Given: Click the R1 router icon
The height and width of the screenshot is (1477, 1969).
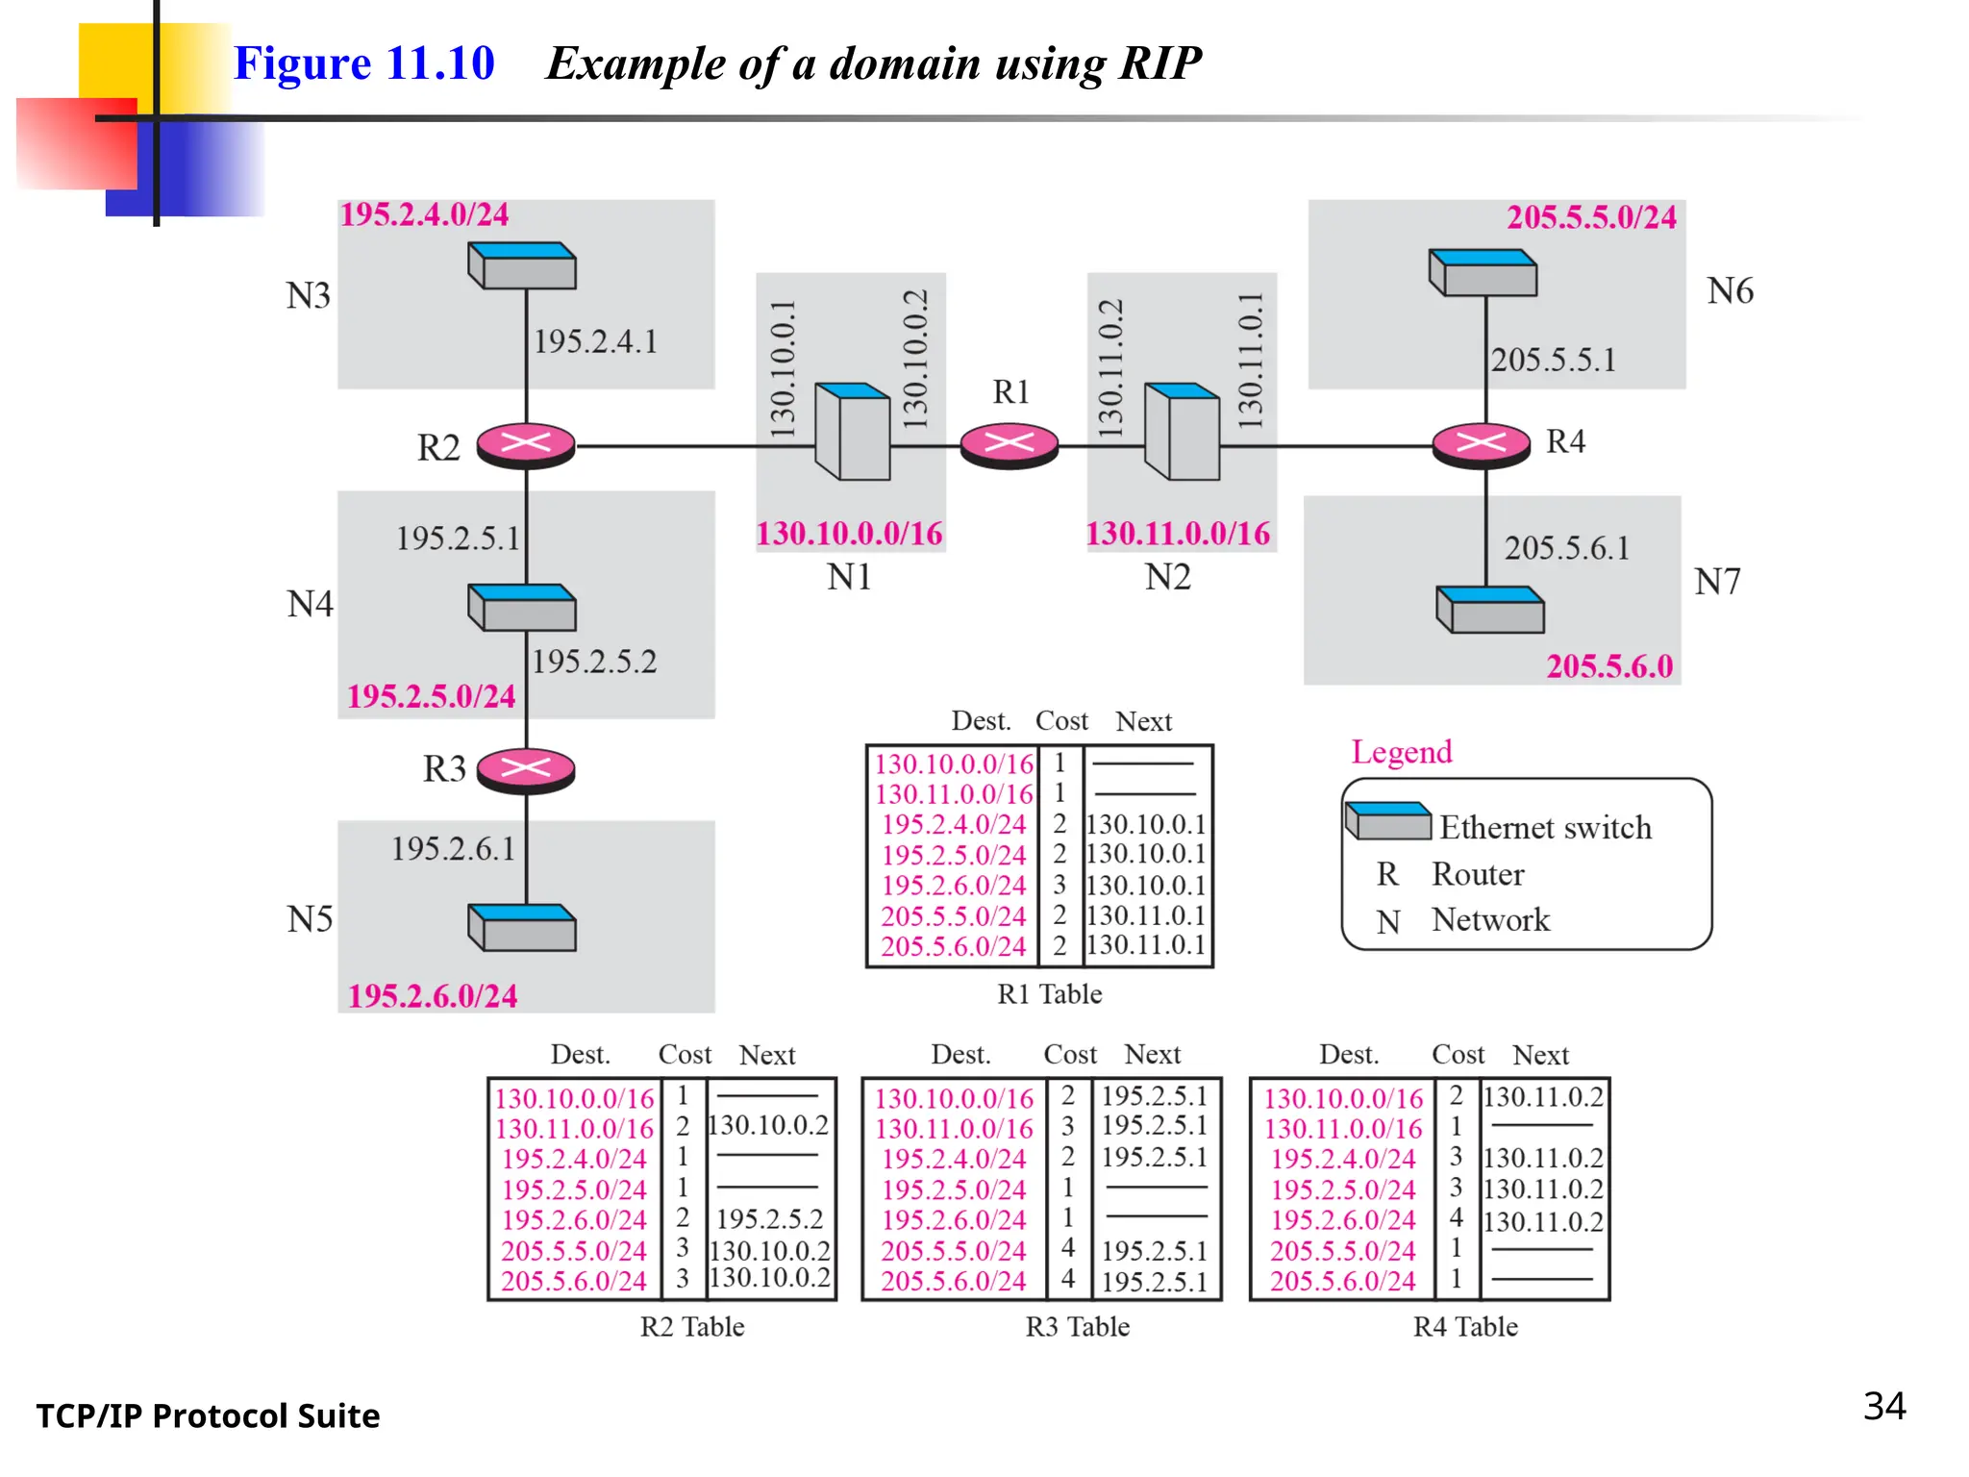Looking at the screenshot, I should coord(1009,446).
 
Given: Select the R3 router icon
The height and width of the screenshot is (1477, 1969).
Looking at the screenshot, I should coord(526,770).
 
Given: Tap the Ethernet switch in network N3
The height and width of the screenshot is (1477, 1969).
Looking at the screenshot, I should coord(522,265).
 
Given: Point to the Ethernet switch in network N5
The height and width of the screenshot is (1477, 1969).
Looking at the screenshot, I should coord(522,928).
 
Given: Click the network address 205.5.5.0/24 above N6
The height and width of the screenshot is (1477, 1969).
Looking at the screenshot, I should coord(1591,217).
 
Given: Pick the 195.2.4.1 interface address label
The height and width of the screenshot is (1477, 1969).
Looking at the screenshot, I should coord(595,341).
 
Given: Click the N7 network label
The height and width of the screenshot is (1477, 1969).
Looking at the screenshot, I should coord(1717,582).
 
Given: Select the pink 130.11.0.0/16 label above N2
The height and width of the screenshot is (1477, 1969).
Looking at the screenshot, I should coord(1178,534).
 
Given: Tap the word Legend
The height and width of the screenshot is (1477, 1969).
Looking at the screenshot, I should coord(1401,752).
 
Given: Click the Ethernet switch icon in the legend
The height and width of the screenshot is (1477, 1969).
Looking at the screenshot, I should coord(1388,821).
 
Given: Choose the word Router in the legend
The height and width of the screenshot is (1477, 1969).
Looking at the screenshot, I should coord(1478,874).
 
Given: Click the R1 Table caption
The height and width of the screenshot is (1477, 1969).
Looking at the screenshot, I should coord(1049,993).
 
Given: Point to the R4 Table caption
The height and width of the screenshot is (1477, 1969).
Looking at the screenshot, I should coord(1465,1327).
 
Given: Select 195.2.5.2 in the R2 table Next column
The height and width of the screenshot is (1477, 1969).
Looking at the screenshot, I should coord(769,1219).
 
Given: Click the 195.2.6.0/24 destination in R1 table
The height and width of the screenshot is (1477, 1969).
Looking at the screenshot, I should coord(954,886).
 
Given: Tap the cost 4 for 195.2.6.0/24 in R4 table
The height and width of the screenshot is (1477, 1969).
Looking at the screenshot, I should coord(1457,1218).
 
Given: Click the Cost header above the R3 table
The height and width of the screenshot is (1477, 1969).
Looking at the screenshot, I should coord(1070,1055).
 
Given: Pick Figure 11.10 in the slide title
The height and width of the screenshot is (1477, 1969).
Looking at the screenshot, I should coord(363,63).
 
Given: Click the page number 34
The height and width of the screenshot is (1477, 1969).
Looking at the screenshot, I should coord(1883,1406).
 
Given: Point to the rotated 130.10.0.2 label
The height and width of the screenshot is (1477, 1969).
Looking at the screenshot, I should coord(916,359).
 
